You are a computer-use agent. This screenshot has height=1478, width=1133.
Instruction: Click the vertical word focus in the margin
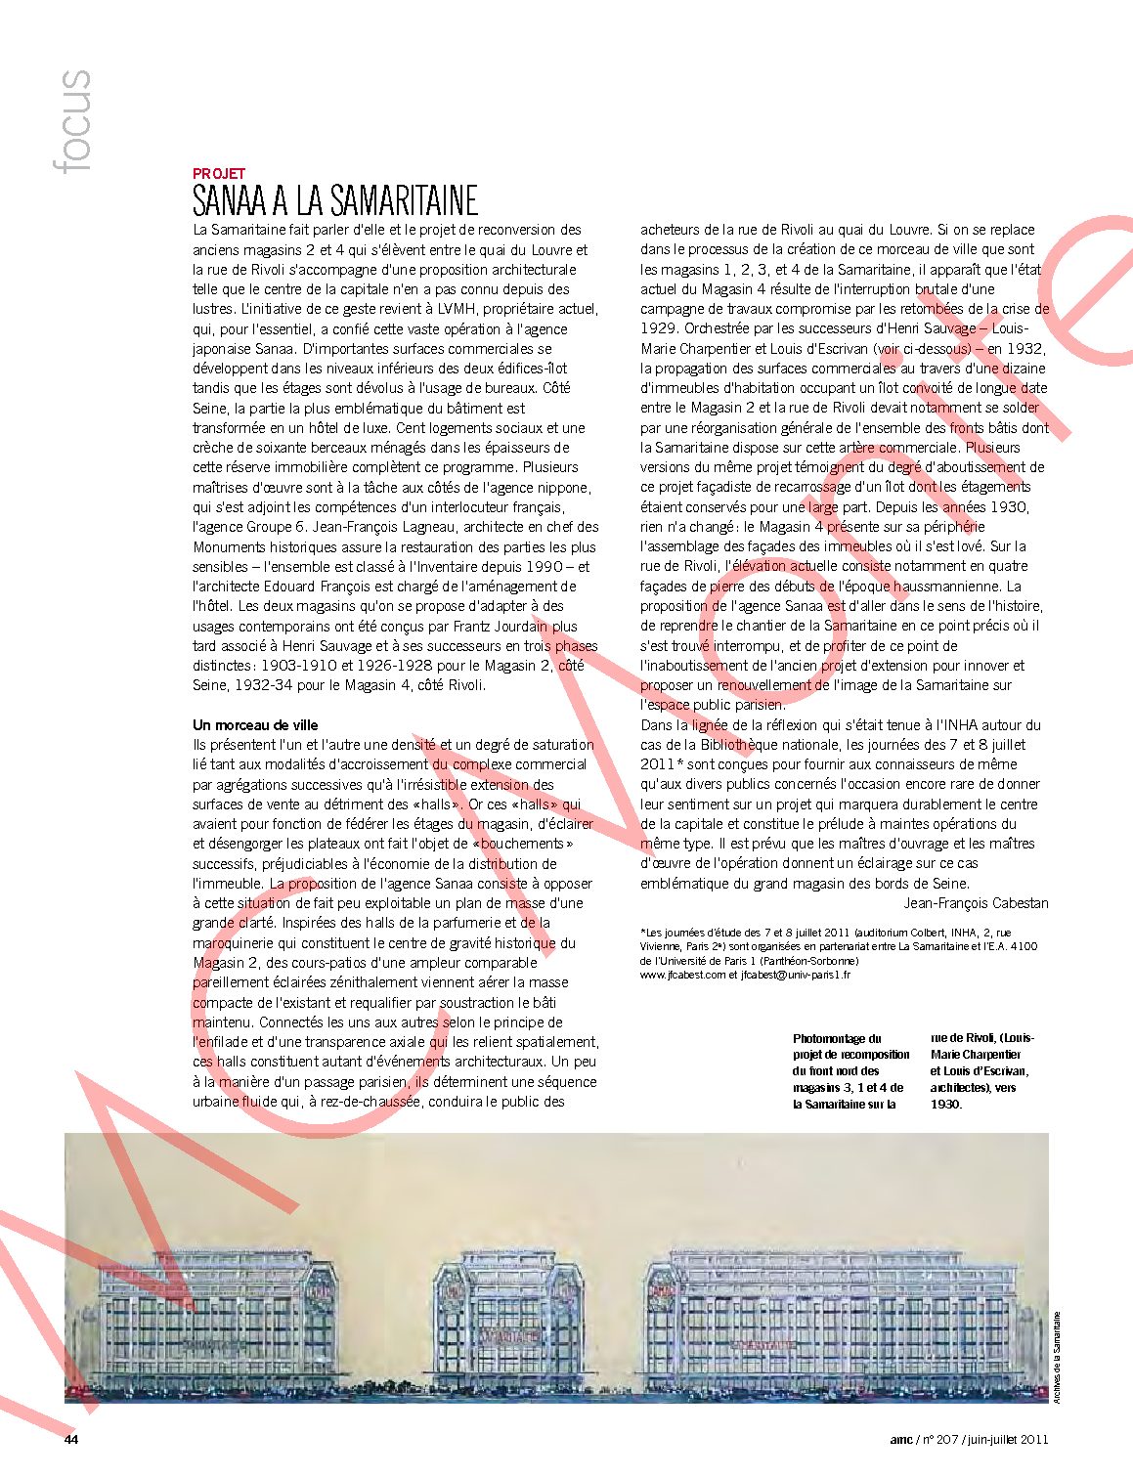tap(73, 121)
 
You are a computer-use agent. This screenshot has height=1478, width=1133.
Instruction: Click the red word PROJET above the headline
tap(219, 174)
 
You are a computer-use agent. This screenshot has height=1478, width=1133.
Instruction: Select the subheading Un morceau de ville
tap(255, 725)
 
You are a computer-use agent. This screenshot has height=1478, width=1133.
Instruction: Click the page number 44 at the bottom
tap(71, 1439)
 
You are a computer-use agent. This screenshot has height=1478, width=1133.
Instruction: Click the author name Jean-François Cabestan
tap(976, 903)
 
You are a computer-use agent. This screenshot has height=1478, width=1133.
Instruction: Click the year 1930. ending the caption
tap(946, 1105)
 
